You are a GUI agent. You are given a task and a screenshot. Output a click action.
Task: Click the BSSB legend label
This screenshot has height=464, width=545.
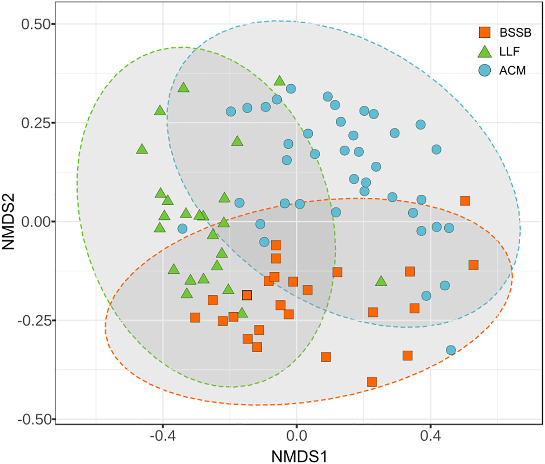pos(515,33)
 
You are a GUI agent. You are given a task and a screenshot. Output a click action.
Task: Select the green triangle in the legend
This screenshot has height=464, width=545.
pos(484,52)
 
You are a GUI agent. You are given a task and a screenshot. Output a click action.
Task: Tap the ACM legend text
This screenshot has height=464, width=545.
pos(512,71)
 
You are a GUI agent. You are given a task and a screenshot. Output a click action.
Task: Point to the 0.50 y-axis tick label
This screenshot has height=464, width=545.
pos(36,24)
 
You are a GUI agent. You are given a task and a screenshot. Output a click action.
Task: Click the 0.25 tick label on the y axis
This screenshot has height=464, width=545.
pos(36,123)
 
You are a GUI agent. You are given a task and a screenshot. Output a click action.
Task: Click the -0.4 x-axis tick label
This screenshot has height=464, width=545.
pos(163,436)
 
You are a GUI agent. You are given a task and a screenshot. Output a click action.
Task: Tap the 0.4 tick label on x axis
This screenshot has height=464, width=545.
pos(430,436)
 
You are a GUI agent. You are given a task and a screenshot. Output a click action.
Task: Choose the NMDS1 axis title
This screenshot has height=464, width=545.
pos(299,456)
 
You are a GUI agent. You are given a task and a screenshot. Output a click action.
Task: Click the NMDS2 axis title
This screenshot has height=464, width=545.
pos(8,221)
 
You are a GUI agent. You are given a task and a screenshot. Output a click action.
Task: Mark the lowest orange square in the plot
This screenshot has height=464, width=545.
pos(372,382)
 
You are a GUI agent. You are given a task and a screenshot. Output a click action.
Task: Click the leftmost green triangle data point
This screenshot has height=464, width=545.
pos(142,149)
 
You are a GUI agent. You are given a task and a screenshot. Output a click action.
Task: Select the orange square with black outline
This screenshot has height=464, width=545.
pos(247,295)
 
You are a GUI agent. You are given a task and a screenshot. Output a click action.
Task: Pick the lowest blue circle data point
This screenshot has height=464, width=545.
pos(451,350)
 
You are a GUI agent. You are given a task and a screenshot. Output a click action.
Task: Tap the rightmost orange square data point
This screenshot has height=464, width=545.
pos(473,265)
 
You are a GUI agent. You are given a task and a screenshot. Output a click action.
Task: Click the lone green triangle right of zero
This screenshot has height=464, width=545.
pos(381,281)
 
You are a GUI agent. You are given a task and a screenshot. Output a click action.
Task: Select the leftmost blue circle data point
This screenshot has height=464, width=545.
pos(182,228)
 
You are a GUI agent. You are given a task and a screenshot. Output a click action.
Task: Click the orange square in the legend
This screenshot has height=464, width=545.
pos(484,32)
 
